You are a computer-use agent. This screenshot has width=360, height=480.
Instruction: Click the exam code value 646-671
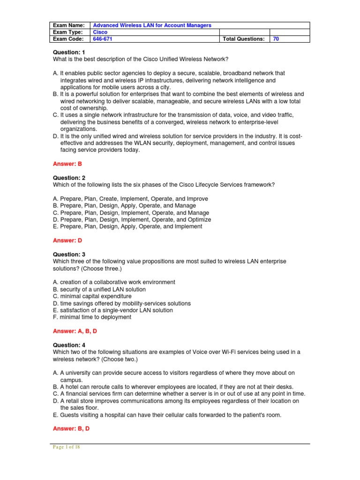103,39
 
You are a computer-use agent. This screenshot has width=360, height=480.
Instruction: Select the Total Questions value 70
276,39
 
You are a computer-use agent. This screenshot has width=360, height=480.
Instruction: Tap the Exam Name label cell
69,25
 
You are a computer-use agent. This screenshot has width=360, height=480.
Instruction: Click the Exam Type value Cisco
100,32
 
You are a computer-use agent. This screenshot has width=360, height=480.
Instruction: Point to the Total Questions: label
243,39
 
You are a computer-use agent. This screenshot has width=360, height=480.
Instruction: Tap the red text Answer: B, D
72,428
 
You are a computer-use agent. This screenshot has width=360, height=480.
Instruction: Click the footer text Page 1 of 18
66,447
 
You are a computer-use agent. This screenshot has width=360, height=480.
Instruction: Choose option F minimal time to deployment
92,317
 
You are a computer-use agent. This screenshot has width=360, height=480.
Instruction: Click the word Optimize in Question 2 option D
199,219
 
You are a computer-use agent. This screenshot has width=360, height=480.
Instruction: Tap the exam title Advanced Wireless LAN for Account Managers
152,25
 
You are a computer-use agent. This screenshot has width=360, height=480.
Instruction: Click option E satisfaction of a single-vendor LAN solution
113,310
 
